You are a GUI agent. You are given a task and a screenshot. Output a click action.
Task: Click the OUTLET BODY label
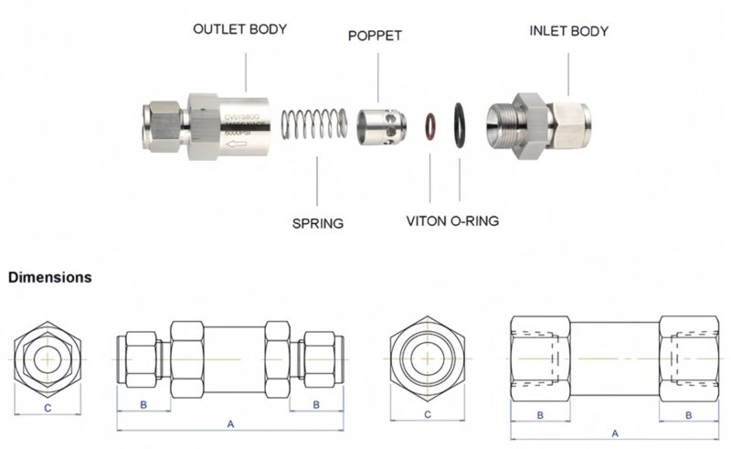[x=239, y=29]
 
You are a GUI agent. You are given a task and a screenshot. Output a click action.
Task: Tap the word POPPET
[x=375, y=36]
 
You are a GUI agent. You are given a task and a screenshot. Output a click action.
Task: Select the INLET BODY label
[x=568, y=30]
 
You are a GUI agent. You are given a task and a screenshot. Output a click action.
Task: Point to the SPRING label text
[x=317, y=223]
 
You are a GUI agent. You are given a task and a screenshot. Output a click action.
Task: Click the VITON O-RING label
[x=452, y=222]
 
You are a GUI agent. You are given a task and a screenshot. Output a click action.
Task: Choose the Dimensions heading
[x=50, y=277]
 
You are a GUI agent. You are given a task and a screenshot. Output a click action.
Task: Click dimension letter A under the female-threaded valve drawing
[x=614, y=433]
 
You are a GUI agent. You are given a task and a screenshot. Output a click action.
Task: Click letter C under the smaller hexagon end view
[x=47, y=409]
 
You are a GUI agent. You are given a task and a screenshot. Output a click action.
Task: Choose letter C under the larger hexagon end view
[x=428, y=415]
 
